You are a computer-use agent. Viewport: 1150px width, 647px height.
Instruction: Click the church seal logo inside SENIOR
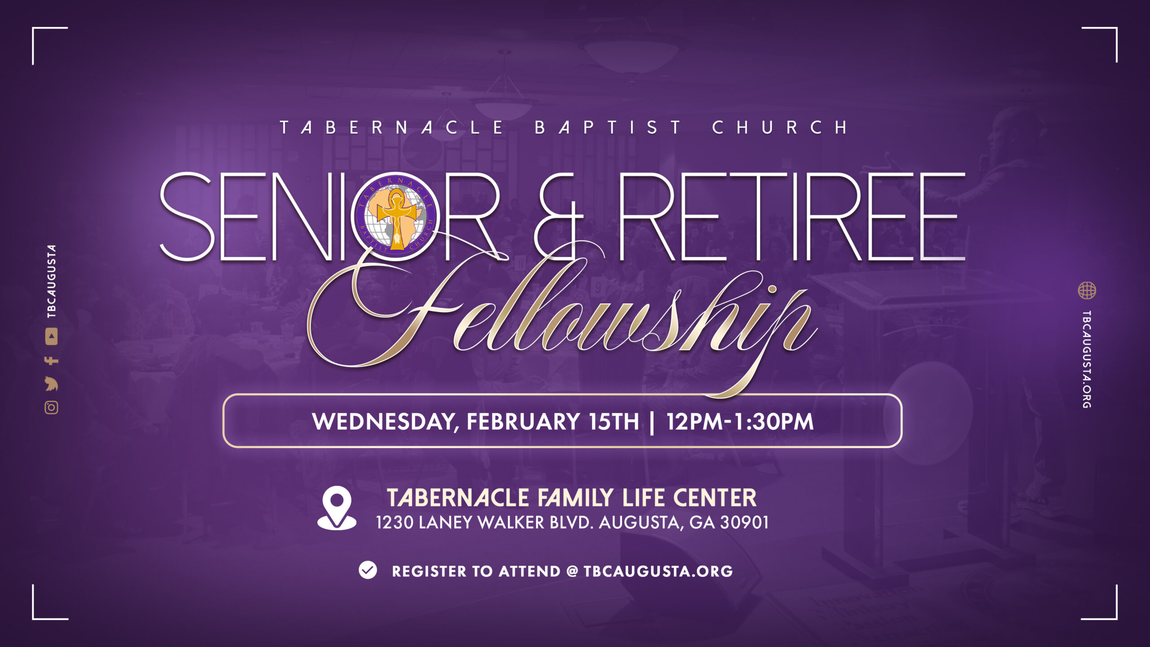pos(396,216)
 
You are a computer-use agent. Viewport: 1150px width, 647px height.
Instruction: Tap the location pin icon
pos(337,508)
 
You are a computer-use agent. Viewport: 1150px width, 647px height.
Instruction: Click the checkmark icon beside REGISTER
pos(368,570)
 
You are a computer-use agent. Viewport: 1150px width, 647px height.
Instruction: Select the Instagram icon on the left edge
pos(51,408)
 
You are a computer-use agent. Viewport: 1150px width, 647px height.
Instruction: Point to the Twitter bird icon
pos(51,384)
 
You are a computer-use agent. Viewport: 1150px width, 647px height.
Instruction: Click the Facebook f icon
pos(51,360)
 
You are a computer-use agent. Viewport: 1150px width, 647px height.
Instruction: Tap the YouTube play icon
pos(51,337)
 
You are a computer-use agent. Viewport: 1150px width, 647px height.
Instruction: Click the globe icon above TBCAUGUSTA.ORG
pos(1087,290)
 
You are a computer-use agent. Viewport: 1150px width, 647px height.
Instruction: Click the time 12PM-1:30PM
pos(740,421)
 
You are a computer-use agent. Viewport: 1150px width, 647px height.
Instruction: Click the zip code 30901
pos(744,523)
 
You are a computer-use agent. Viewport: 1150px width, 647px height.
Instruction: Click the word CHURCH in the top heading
pos(780,128)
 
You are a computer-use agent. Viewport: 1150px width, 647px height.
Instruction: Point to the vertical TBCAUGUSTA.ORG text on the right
pos(1087,359)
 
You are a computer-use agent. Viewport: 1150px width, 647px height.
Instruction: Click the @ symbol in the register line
pos(572,571)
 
